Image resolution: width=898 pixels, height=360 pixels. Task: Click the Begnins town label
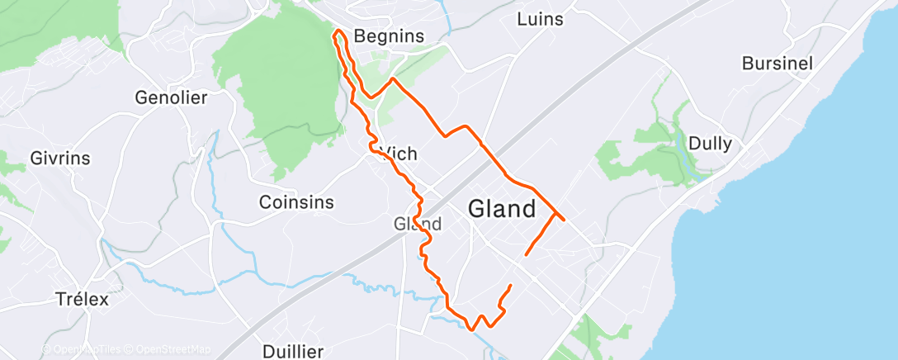[388, 36]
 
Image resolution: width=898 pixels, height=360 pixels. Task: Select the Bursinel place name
[777, 63]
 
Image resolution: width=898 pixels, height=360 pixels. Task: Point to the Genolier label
[171, 97]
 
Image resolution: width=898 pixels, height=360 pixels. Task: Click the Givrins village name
[59, 158]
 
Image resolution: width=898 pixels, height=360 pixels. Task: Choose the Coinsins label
[296, 201]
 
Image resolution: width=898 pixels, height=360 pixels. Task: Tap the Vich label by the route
[399, 154]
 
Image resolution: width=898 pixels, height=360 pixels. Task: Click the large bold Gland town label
[502, 209]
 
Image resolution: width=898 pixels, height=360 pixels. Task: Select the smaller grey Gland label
[418, 223]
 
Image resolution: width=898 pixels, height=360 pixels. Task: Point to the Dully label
[710, 144]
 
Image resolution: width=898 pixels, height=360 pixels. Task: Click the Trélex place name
[82, 299]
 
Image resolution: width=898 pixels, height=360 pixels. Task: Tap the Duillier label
[293, 351]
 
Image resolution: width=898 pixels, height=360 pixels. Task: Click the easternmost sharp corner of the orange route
[565, 220]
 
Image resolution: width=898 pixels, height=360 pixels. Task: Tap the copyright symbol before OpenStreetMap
[131, 349]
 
